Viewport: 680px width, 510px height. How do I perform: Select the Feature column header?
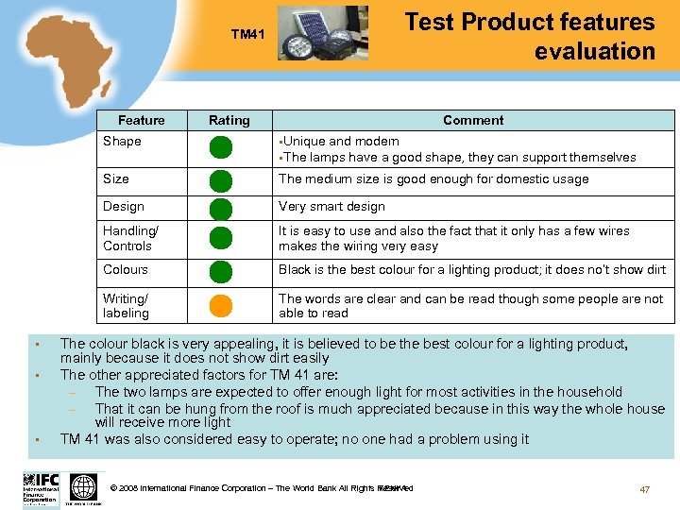(141, 120)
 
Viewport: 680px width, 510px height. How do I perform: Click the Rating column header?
(229, 120)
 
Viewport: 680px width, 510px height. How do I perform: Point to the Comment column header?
(473, 120)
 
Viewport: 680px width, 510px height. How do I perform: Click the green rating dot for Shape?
(220, 148)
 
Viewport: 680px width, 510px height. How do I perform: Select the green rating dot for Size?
(220, 180)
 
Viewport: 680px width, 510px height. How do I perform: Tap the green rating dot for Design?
(220, 208)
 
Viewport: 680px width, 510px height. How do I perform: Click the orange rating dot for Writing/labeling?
(220, 306)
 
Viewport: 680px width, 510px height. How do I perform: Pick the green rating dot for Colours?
(220, 271)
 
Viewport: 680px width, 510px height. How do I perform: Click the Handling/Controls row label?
(130, 238)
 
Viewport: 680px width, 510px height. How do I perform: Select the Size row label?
(116, 178)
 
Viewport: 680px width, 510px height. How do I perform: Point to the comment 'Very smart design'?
(331, 206)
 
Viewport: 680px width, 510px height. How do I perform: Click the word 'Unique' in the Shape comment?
(304, 141)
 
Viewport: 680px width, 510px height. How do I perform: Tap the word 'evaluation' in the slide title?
(594, 51)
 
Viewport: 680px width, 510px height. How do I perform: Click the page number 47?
(645, 489)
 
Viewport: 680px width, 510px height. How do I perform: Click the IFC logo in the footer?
(42, 487)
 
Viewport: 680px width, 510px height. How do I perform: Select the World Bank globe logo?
(84, 487)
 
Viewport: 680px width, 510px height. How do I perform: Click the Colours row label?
(126, 269)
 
